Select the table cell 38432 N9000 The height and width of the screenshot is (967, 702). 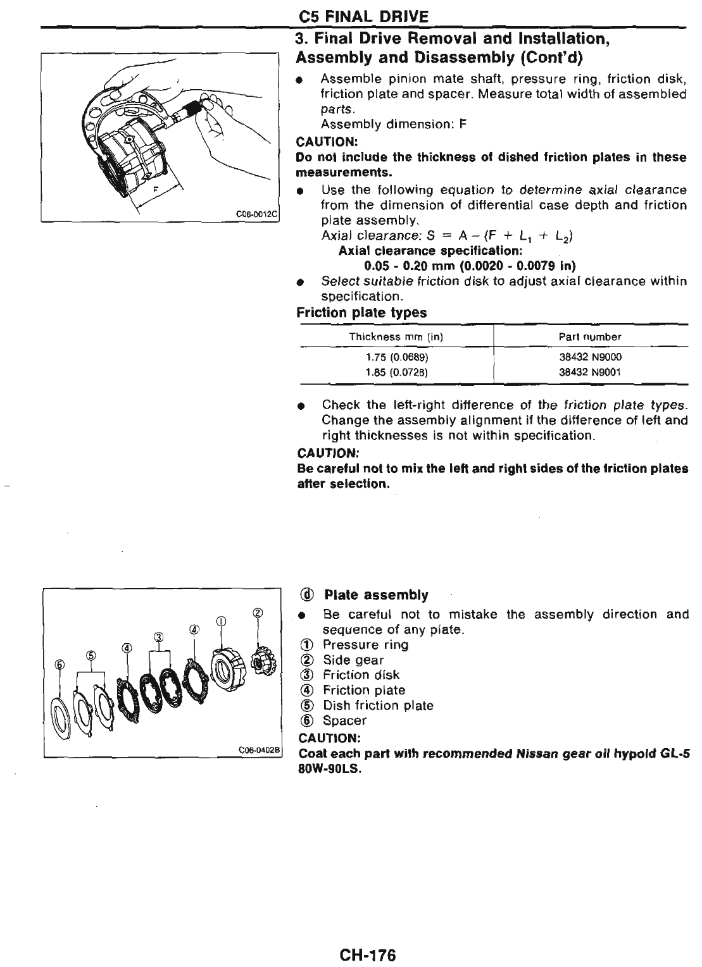590,357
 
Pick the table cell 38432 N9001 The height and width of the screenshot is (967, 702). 590,373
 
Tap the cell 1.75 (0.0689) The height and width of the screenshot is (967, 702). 396,357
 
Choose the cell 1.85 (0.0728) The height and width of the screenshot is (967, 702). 396,373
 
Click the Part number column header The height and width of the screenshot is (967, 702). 590,337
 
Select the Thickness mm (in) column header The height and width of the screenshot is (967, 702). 396,337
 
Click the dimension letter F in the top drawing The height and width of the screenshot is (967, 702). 155,188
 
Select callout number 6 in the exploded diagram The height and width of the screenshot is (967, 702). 60,664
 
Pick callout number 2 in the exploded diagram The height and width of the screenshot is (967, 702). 258,613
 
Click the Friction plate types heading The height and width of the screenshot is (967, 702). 361,313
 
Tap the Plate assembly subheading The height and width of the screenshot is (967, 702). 375,595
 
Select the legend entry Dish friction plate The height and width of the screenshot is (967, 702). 378,706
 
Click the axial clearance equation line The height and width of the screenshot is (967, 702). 447,236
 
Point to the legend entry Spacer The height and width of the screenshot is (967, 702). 344,721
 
